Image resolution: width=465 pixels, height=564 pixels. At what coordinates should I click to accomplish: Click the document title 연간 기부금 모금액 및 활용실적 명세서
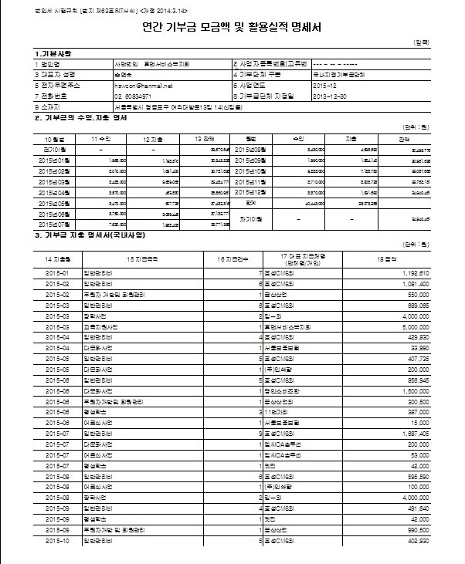232,29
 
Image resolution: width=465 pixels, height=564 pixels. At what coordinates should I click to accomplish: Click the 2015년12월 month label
249,191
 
